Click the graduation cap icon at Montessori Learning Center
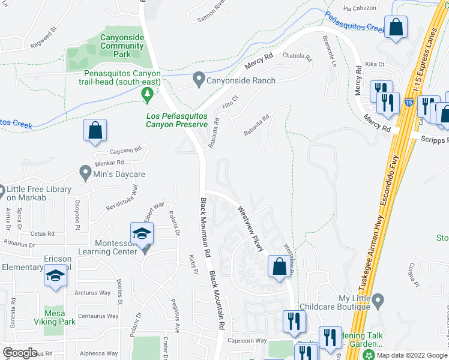tap(141, 234)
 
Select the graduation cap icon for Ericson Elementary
tap(55, 276)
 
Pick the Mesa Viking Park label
tap(59, 317)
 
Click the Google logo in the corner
tap(20, 353)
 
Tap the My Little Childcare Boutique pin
tap(378, 299)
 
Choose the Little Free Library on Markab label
tap(40, 193)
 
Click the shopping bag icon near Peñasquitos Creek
tap(397, 28)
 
